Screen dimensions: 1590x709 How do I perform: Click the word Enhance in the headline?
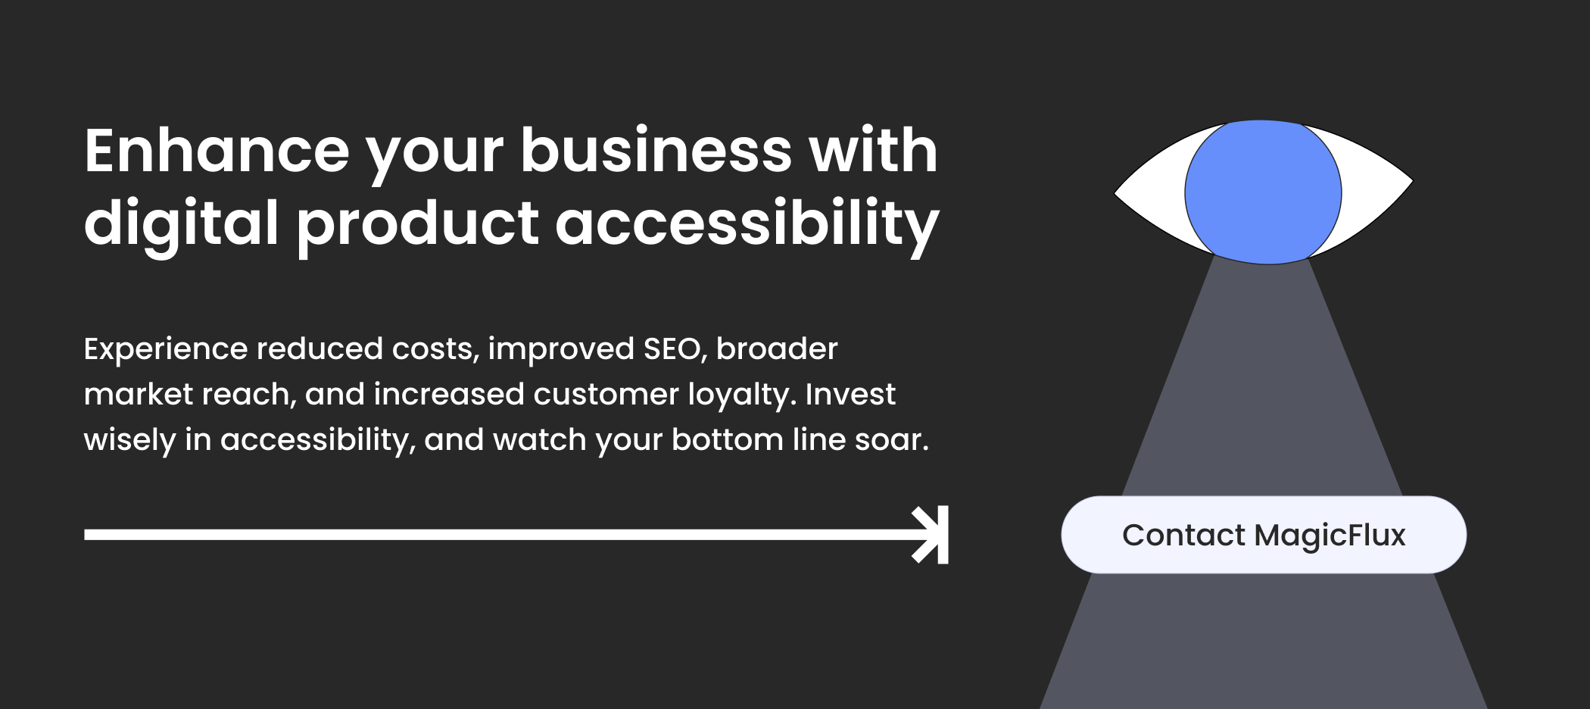[x=217, y=151]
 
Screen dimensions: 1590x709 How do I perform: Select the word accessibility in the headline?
[x=747, y=224]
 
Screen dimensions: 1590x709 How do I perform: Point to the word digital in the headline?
[x=182, y=224]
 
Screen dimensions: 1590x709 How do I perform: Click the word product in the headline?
[x=417, y=224]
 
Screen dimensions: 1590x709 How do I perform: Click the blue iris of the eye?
[x=1263, y=192]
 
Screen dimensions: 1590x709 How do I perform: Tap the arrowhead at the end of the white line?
[x=931, y=535]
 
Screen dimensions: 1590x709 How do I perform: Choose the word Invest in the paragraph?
[x=850, y=395]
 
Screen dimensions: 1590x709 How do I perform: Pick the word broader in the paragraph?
[x=777, y=349]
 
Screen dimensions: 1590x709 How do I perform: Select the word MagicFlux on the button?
[x=1330, y=536]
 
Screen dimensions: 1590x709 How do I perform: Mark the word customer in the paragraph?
[x=606, y=395]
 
